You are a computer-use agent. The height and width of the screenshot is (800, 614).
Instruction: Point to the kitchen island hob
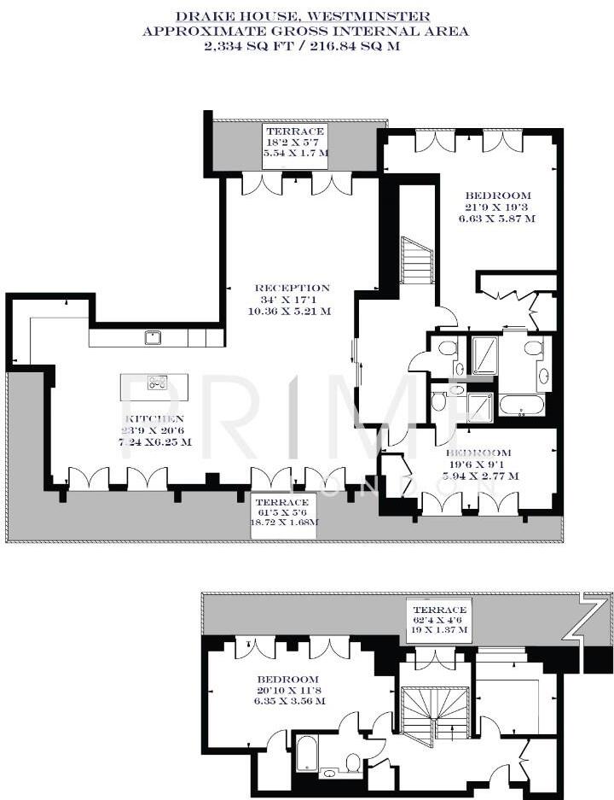pyautogui.click(x=158, y=382)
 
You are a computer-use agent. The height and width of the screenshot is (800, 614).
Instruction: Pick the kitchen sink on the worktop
pyautogui.click(x=153, y=337)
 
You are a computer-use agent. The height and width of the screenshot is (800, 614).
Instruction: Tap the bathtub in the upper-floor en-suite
pyautogui.click(x=518, y=405)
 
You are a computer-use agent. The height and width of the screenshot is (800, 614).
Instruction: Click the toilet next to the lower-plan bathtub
pyautogui.click(x=353, y=761)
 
